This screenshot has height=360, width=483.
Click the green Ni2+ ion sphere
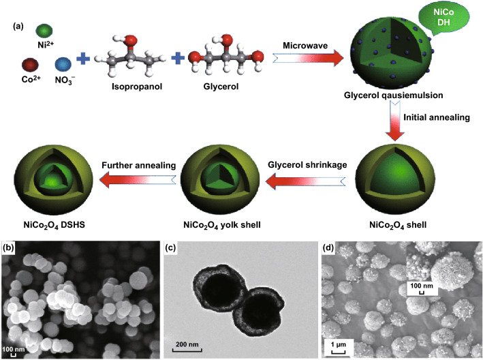(44, 32)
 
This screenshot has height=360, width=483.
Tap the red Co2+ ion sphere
(29, 67)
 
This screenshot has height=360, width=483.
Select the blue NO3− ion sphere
(63, 67)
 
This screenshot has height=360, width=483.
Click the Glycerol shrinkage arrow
(313, 179)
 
